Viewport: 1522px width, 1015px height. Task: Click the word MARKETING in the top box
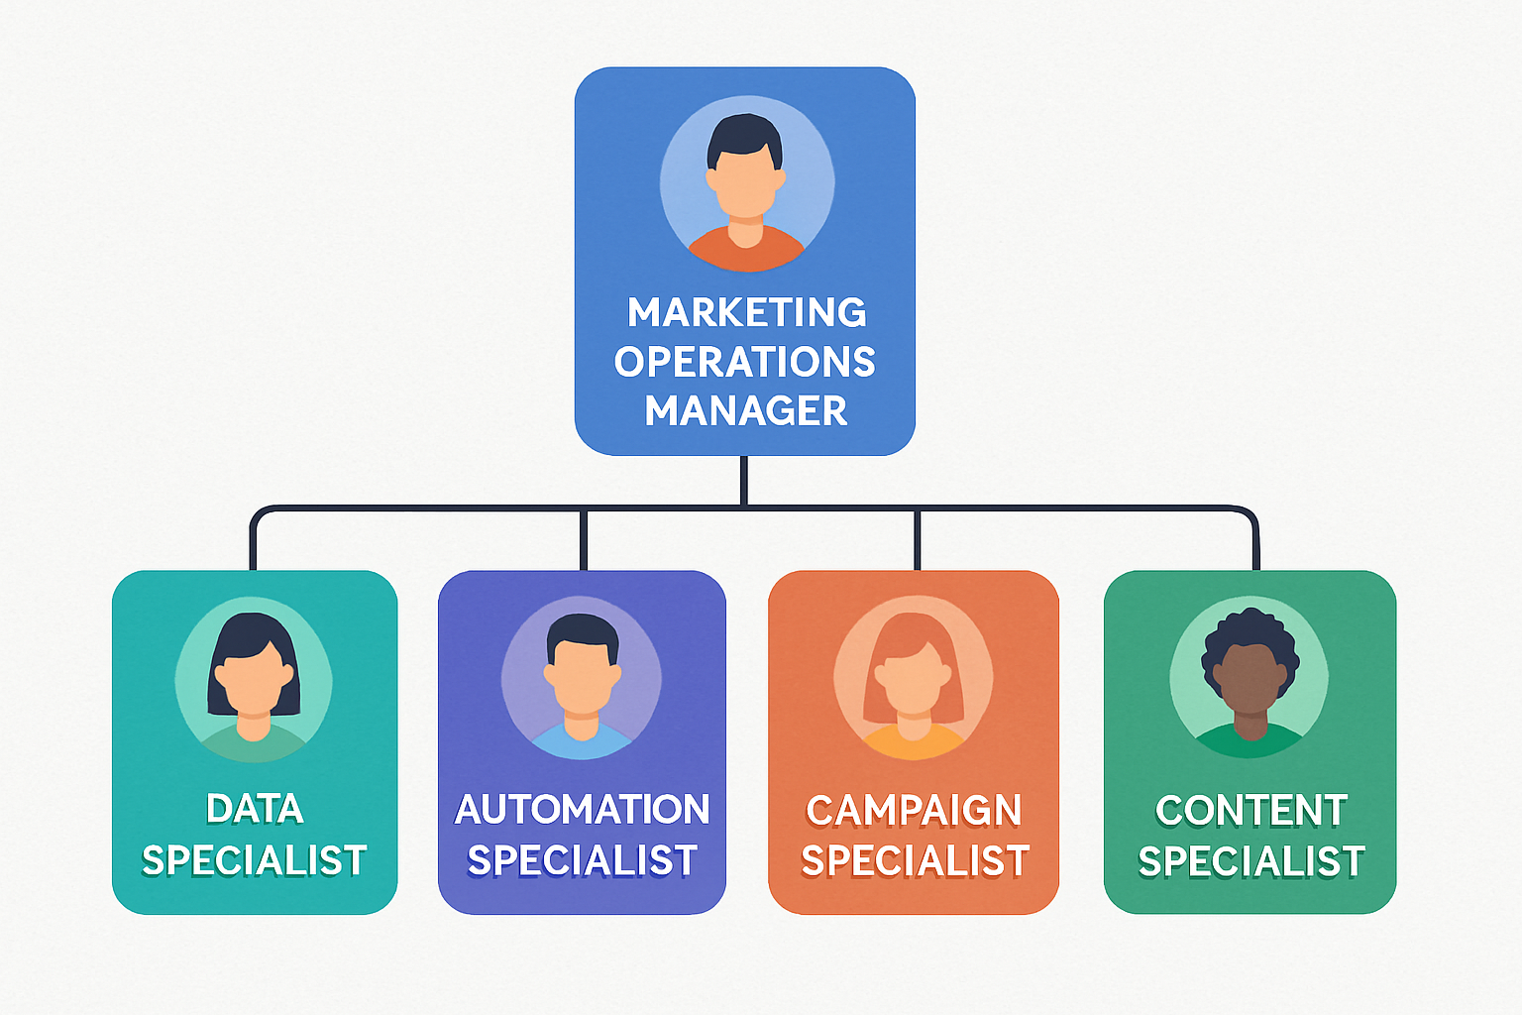click(x=746, y=313)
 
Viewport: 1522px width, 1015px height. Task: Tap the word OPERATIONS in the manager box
click(x=744, y=363)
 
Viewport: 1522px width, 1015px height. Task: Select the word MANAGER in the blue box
click(x=745, y=411)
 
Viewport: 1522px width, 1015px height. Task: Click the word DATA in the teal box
click(x=255, y=810)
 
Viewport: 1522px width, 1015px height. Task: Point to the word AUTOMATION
click(x=582, y=810)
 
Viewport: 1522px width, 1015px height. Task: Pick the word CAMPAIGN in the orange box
click(x=914, y=811)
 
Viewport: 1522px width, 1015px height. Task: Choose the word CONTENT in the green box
click(x=1250, y=811)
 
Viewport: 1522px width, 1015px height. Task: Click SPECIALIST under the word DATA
click(x=255, y=860)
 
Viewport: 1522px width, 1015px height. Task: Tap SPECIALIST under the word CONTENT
click(x=1250, y=861)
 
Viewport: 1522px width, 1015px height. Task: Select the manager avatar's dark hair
click(x=744, y=134)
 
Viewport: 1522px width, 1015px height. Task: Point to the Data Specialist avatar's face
click(x=254, y=684)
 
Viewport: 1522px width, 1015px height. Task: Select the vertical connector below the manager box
click(x=743, y=480)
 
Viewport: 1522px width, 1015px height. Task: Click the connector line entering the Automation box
click(x=584, y=541)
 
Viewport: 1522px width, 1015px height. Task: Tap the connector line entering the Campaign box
click(x=917, y=541)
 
